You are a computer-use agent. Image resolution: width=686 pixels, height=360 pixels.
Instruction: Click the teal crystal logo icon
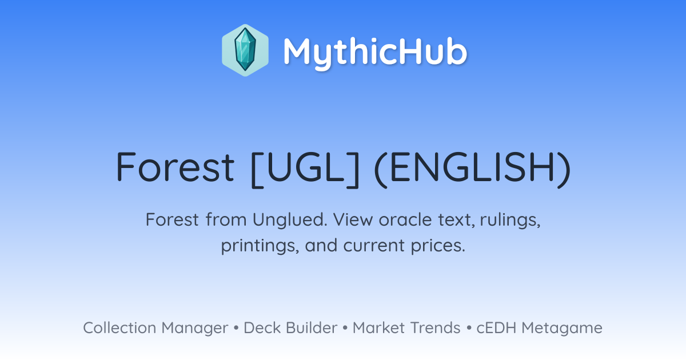[245, 50]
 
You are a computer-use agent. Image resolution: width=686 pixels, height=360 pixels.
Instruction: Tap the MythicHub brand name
[375, 53]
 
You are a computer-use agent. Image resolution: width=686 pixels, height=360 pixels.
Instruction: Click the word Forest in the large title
[175, 167]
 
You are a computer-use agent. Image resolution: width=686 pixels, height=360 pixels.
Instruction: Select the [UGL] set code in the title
[305, 169]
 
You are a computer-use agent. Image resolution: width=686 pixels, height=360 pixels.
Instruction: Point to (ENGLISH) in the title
[472, 169]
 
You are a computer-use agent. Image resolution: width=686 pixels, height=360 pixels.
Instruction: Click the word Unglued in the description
[290, 219]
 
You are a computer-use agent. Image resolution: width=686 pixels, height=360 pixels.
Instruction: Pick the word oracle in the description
[405, 219]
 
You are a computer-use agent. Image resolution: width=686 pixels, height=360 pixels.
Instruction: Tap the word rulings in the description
[510, 220]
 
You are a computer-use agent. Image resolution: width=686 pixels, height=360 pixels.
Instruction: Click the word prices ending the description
[438, 246]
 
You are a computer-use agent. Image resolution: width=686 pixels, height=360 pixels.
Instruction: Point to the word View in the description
[353, 219]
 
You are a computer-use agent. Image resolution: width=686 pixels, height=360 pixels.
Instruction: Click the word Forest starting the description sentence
[172, 219]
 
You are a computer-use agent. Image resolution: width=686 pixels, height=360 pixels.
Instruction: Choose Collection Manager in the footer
[155, 328]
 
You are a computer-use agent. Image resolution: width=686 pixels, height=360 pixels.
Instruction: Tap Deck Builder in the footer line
[290, 327]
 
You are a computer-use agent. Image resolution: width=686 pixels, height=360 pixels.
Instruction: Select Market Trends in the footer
[406, 327]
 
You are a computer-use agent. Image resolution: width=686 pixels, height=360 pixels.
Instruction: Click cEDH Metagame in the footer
[539, 328]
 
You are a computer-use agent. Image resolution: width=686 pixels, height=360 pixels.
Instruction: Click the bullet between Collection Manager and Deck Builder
[236, 328]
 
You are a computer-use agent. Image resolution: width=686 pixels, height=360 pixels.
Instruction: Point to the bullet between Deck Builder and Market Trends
[345, 328]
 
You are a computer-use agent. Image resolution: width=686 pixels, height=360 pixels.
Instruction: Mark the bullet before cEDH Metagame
[469, 328]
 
